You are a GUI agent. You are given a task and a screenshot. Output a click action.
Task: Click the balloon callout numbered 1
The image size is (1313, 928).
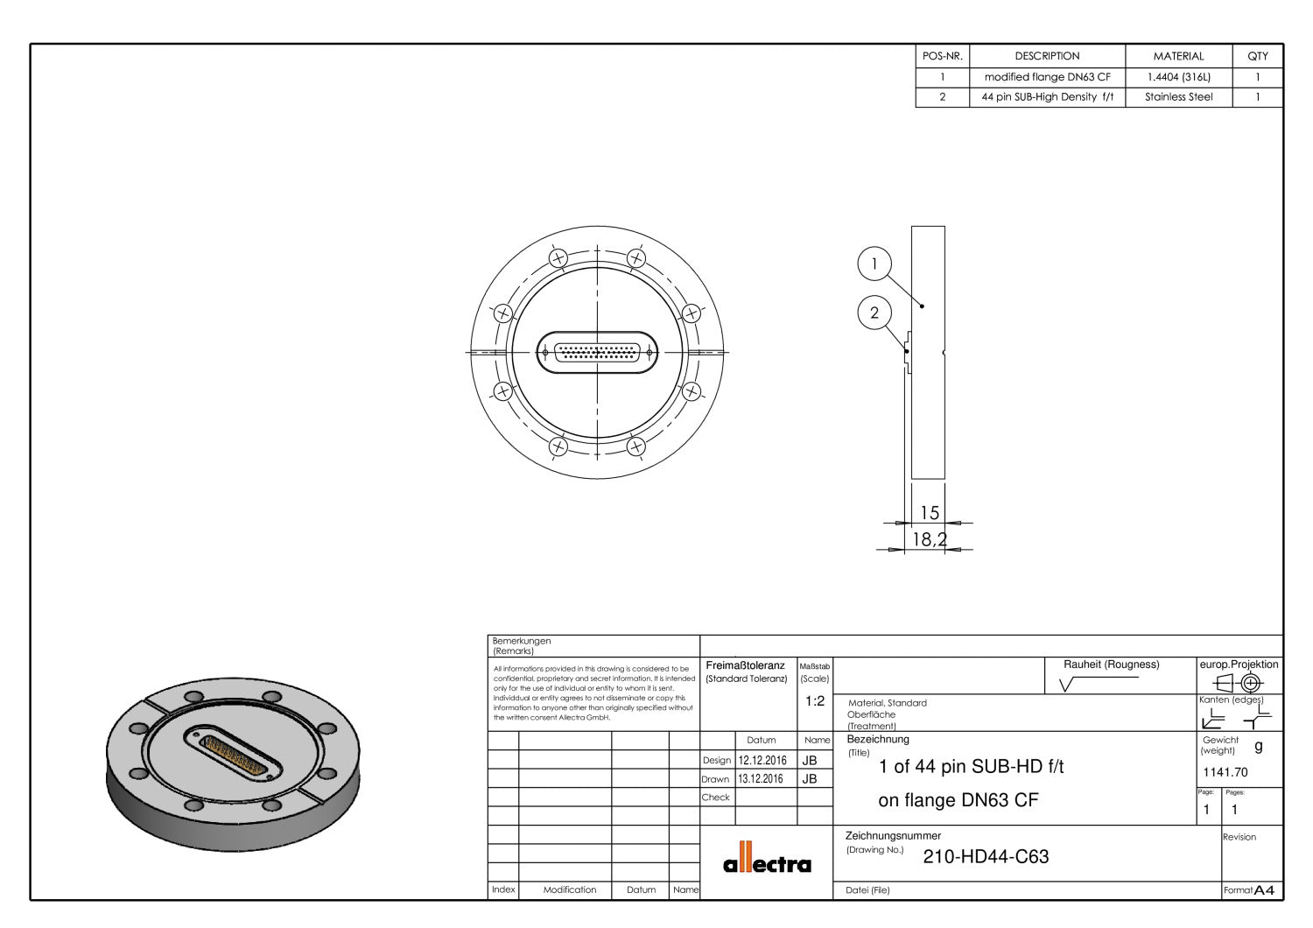[x=874, y=264]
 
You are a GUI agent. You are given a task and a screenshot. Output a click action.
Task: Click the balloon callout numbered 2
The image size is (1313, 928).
[x=874, y=313]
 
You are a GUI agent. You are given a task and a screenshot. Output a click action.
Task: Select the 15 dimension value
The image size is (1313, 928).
[x=929, y=513]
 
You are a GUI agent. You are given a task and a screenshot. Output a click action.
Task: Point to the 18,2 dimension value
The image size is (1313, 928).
[x=929, y=539]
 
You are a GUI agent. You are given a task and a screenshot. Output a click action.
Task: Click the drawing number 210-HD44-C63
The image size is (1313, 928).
[x=986, y=857]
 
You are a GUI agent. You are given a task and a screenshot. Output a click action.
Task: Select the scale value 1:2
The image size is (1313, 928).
[x=814, y=701]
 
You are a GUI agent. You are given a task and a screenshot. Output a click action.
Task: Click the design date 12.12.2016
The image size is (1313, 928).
[x=762, y=761]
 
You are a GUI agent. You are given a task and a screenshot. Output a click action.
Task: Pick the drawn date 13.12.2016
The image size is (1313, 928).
[x=762, y=779]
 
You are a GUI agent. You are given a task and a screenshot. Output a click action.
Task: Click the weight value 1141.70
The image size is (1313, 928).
[x=1225, y=772]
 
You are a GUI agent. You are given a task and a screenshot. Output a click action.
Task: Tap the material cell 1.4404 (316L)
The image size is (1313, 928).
[x=1178, y=77]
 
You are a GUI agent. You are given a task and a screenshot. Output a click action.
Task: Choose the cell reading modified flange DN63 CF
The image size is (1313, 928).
[x=1047, y=77]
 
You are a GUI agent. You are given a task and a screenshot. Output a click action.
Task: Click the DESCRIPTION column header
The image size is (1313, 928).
[x=1047, y=56]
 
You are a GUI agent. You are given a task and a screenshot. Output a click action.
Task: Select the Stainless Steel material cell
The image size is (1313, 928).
[x=1178, y=97]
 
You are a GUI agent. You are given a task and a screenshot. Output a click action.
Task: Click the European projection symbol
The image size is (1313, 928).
[x=1239, y=683]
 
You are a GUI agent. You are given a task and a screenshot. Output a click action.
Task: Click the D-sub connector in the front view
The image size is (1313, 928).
[x=597, y=352]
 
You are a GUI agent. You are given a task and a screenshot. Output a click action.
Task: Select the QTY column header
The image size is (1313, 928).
[x=1257, y=56]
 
